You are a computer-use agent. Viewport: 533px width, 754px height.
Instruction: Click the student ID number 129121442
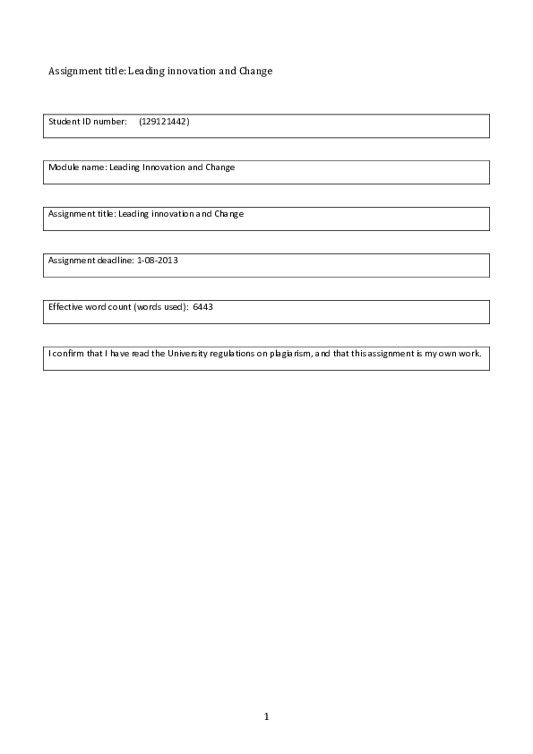point(165,121)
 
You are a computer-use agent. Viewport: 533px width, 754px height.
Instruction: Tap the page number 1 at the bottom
point(266,716)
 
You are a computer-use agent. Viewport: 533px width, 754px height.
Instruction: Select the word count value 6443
point(202,306)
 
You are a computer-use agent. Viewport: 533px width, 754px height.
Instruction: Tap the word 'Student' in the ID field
point(64,121)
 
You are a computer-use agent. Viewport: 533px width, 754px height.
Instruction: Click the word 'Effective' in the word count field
point(64,306)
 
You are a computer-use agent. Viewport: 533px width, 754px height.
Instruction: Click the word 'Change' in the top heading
point(255,71)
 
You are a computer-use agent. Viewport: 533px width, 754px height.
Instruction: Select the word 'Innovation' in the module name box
point(163,167)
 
